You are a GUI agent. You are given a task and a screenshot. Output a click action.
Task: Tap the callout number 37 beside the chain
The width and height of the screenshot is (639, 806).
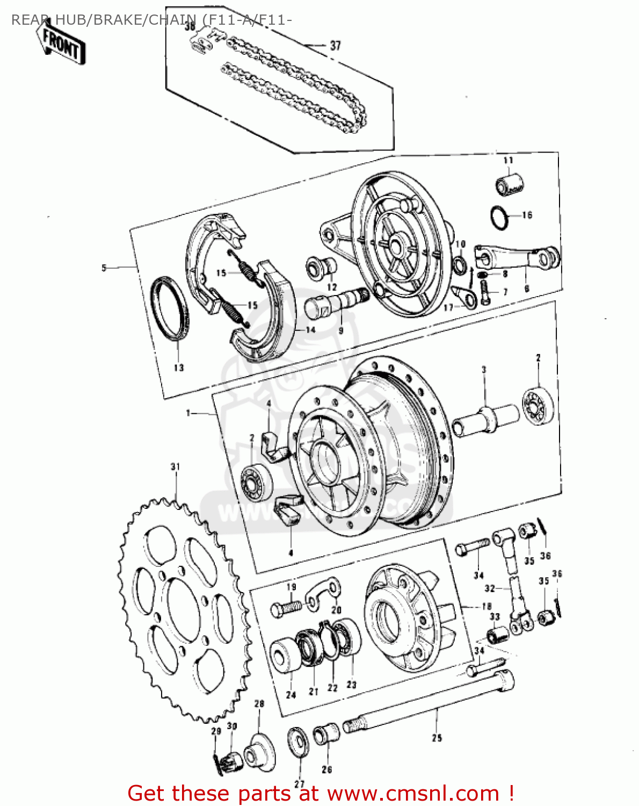tap(335, 46)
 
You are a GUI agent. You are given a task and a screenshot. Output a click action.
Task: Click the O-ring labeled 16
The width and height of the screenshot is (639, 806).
tap(499, 217)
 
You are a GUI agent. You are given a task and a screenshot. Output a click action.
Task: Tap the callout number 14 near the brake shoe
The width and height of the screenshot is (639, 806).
tap(310, 329)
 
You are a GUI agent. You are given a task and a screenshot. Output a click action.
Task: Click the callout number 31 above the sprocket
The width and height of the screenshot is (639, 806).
tap(175, 466)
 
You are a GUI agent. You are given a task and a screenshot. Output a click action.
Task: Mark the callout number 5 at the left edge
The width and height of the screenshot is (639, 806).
tap(104, 268)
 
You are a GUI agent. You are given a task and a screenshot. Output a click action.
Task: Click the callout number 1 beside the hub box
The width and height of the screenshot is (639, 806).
tap(188, 413)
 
